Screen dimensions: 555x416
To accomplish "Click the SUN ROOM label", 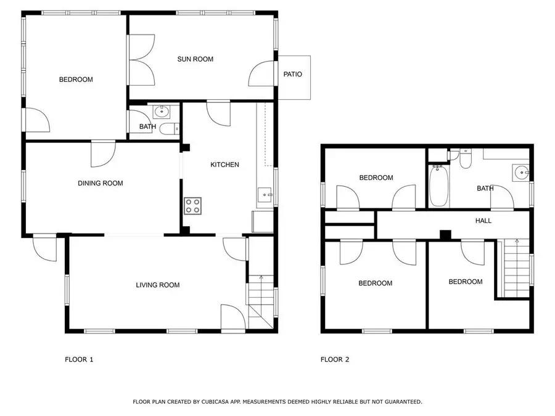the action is point(195,59).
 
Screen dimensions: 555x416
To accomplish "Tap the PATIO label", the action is point(293,75).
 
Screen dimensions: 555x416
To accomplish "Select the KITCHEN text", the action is point(224,165).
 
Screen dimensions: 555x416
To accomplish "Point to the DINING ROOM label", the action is point(101,183).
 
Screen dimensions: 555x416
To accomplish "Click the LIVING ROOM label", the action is point(158,285).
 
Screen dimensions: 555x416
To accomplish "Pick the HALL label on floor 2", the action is point(483,221).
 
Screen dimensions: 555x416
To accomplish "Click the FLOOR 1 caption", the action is point(79,360).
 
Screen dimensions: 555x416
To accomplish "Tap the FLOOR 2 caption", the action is point(335,360).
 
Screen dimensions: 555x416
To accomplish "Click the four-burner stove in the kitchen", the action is point(193,206).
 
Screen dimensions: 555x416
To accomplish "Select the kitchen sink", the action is point(265,195).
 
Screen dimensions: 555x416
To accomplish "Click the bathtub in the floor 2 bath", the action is point(439,186).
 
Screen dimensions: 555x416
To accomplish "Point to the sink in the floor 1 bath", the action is point(162,112).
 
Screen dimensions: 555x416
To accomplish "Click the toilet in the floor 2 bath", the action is point(465,159).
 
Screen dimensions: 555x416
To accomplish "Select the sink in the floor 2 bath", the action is point(520,173).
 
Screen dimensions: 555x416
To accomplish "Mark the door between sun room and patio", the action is point(262,73).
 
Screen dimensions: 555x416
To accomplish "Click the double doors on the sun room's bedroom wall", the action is point(142,60).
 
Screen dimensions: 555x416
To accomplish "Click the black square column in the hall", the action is point(445,235).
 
